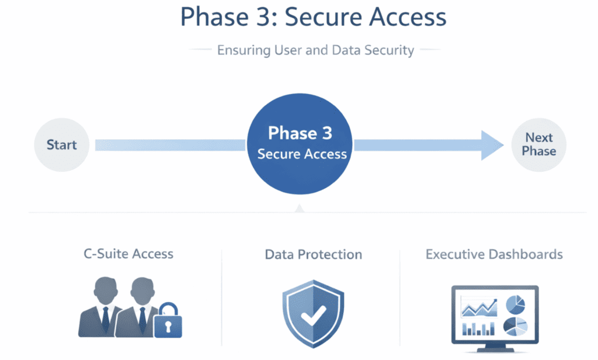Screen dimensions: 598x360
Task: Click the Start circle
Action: pos(62,145)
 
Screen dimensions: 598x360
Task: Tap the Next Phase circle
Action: pos(538,145)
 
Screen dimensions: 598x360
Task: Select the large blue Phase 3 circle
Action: pos(300,144)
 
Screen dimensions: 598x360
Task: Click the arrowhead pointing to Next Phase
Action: pos(492,145)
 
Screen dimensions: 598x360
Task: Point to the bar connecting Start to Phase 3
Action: pos(170,145)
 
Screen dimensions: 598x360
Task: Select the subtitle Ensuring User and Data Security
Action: pos(315,50)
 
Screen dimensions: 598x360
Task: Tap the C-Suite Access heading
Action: pos(128,254)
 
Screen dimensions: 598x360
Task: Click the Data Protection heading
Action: pos(314,254)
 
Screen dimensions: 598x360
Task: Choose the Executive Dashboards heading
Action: pos(494,254)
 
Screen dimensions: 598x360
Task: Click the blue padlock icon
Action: pos(168,320)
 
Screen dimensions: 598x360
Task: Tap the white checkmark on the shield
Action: pos(314,316)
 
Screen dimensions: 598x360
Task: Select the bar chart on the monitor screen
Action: pos(478,328)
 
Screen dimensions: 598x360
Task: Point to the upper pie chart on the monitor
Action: pos(516,304)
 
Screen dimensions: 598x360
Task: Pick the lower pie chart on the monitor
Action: pos(515,327)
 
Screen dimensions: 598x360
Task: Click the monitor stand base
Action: pos(495,349)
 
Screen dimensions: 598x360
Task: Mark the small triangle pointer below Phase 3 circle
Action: pos(300,209)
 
